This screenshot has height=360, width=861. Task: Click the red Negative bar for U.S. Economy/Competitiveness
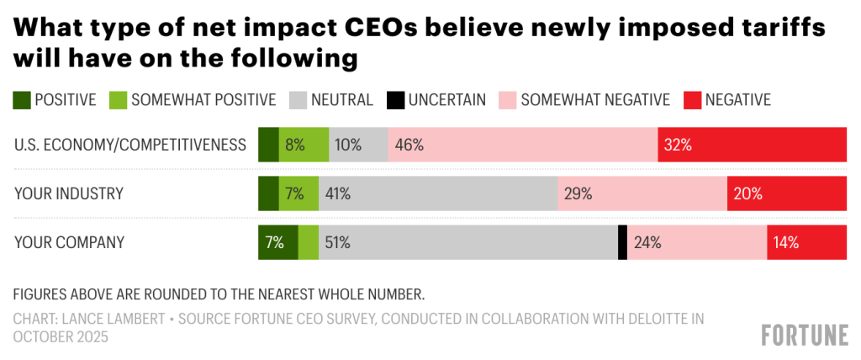pos(752,144)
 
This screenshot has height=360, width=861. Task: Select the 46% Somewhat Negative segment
pos(522,144)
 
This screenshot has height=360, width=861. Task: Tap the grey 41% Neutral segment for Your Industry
pos(437,193)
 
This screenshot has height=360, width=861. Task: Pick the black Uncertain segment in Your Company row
pos(622,242)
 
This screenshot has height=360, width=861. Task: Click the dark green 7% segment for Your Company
pos(277,242)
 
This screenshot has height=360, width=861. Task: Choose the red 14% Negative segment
pos(806,242)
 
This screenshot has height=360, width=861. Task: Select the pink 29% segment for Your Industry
pos(642,193)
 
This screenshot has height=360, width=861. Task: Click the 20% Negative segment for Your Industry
pos(786,193)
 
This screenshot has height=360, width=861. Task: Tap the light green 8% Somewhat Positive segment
pos(304,144)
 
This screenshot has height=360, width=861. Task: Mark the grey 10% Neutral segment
pos(358,144)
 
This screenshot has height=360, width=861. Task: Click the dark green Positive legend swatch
pos(22,100)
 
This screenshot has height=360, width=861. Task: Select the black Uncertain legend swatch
pos(394,100)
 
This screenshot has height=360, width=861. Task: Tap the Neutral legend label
pos(341,100)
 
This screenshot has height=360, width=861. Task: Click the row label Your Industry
pos(69,193)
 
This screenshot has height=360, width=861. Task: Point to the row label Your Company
pos(70,242)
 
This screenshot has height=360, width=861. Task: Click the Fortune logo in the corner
pos(805,335)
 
